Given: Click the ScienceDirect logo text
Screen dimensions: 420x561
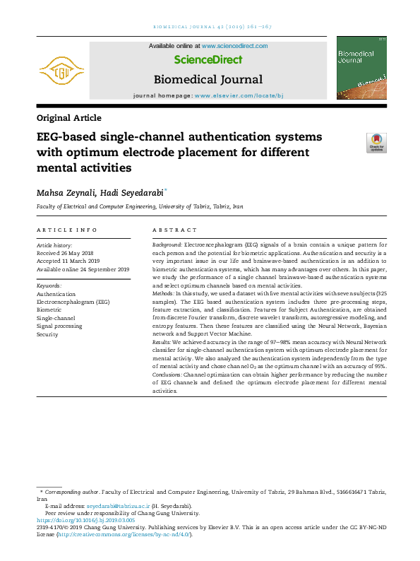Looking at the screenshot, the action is (x=208, y=60).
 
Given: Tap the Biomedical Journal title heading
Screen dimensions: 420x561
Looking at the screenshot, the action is (x=208, y=79).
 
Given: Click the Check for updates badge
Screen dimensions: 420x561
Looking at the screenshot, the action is (x=376, y=143).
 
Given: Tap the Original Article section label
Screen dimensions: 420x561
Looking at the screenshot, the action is (x=68, y=118).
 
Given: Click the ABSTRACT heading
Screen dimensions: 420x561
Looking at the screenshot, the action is (x=175, y=230).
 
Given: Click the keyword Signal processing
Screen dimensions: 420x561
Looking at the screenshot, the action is (x=59, y=326).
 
